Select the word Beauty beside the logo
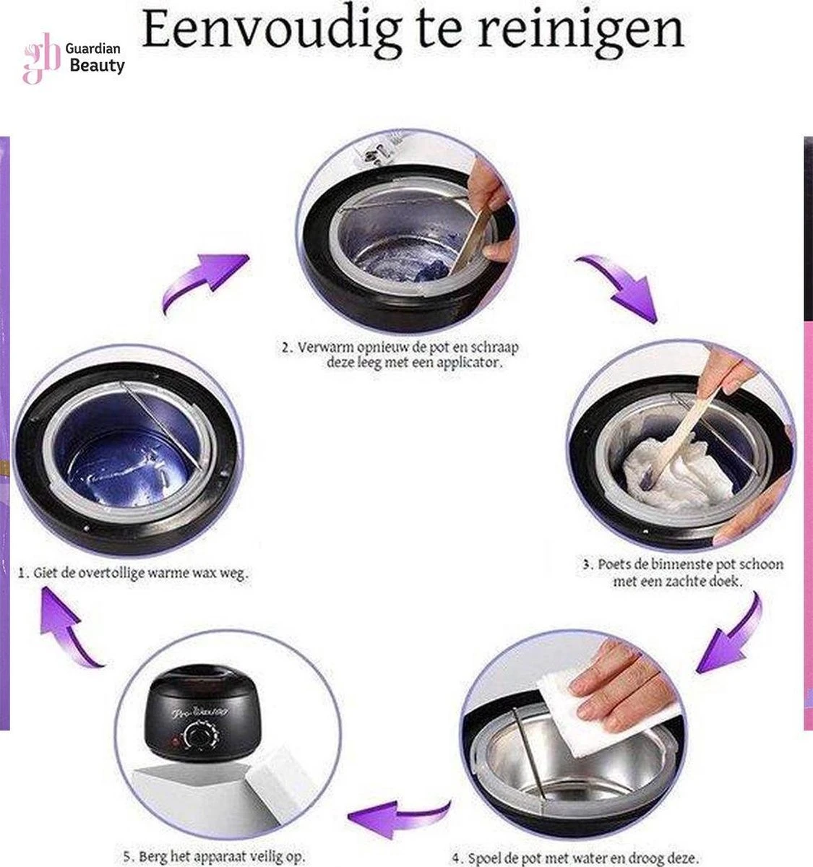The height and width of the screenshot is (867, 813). (x=97, y=66)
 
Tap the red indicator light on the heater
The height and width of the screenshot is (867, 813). (x=175, y=741)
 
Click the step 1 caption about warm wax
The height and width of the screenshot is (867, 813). (x=134, y=572)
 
